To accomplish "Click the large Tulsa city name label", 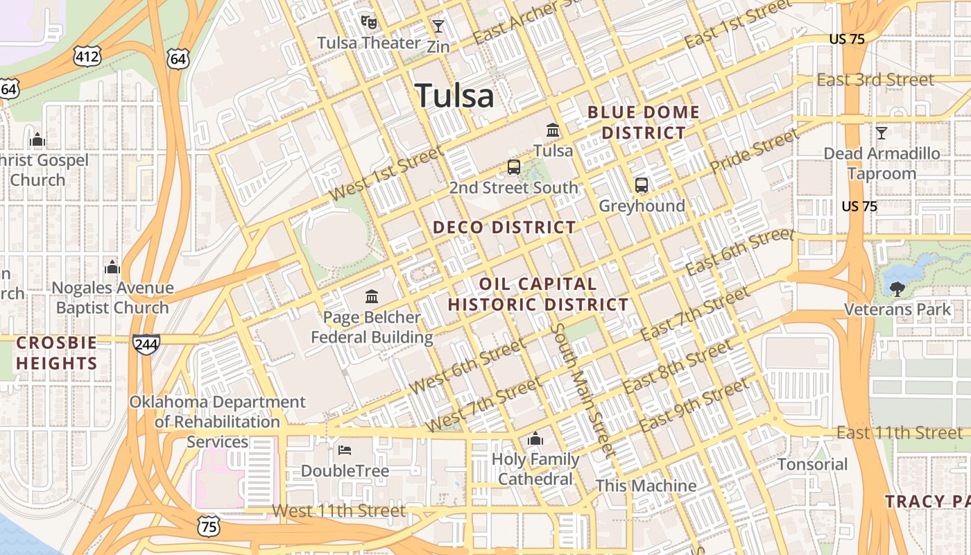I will pos(454,96).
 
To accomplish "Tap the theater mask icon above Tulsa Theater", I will pos(369,22).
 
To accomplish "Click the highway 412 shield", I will pos(88,55).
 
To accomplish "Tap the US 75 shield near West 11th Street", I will pos(209,525).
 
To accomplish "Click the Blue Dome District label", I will pos(644,122).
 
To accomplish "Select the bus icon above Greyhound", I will pos(642,185).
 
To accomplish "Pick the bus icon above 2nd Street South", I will pos(514,167).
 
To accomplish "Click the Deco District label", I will pos(504,228).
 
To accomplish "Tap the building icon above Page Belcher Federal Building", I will pos(372,297).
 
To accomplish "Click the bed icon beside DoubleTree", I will pos(345,450).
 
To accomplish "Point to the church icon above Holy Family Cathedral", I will pos(535,438).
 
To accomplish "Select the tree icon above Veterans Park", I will pos(897,289).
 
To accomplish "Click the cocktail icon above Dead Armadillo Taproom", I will pos(882,133).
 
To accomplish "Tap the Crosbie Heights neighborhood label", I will pos(57,353).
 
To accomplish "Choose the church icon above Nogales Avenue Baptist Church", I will pos(112,267).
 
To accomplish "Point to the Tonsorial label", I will pos(812,464).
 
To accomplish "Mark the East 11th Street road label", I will pos(900,433).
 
